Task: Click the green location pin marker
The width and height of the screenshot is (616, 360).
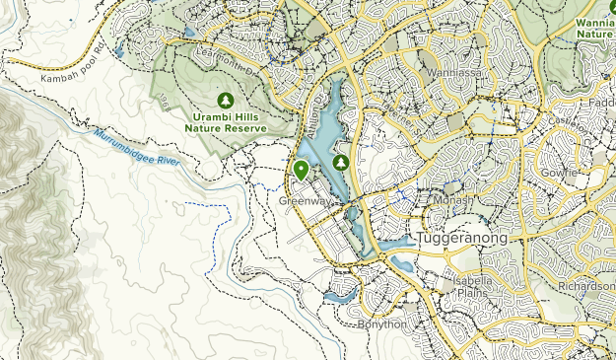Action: (x=301, y=170)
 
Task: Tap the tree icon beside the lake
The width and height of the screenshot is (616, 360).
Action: (x=341, y=162)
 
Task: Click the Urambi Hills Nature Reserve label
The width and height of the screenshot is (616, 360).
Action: (x=226, y=120)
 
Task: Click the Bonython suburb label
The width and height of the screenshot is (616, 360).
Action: (x=380, y=324)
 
